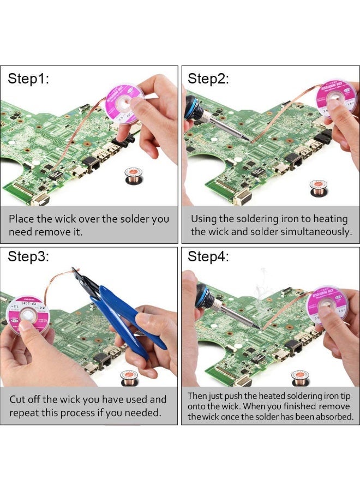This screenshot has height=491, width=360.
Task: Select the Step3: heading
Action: click(28, 257)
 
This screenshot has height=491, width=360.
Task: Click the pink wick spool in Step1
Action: click(125, 103)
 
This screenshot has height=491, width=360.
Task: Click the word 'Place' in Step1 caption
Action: click(22, 219)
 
